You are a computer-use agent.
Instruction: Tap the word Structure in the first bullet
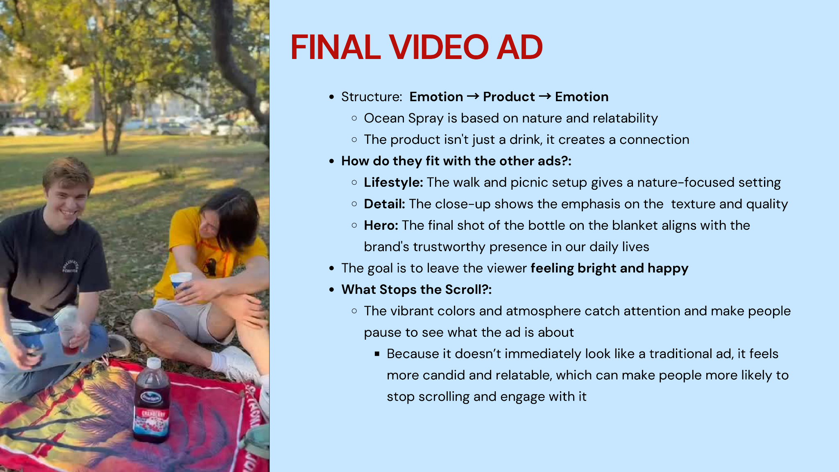370,97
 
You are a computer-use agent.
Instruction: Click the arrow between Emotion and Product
473,96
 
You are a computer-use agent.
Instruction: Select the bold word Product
509,97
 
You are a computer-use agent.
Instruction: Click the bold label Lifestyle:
393,182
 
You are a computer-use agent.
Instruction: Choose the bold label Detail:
384,204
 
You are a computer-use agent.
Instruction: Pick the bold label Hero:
381,225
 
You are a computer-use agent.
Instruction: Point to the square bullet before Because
377,354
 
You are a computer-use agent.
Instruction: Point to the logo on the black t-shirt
70,266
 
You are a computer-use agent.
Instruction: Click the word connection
654,140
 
